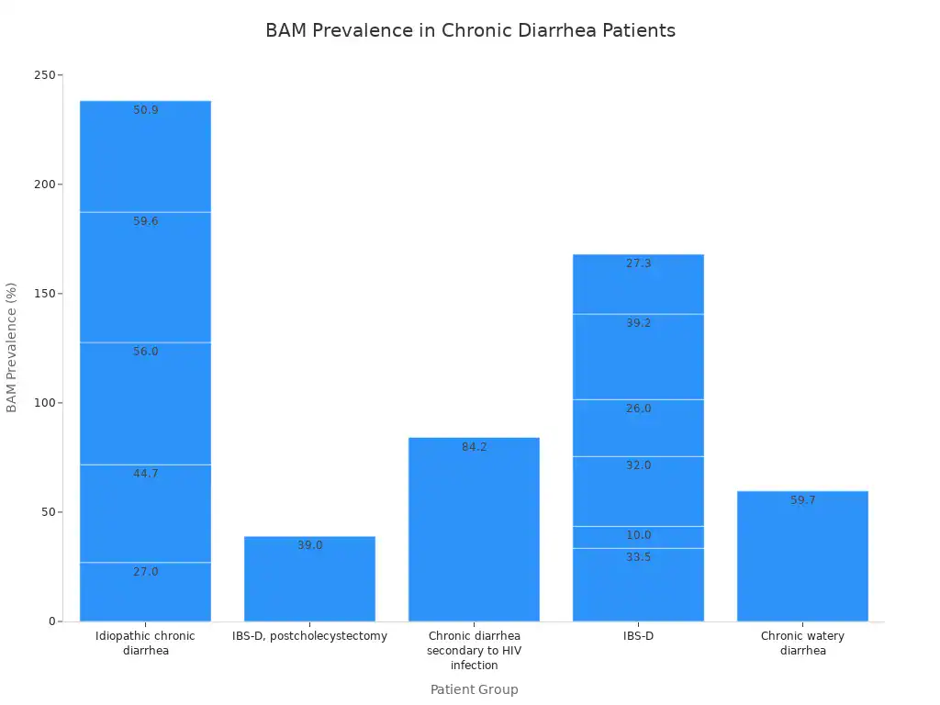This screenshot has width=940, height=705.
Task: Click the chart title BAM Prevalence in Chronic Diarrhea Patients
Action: point(470,30)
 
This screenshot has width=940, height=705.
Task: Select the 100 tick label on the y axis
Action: point(50,403)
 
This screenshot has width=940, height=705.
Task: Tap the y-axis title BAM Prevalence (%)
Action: point(12,347)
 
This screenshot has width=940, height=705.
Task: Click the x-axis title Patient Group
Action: point(474,689)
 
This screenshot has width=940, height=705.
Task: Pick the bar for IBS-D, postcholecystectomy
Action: point(309,579)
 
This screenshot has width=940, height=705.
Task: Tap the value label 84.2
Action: point(475,447)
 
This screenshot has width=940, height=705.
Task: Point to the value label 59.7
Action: point(803,500)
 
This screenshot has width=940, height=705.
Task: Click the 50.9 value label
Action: point(146,110)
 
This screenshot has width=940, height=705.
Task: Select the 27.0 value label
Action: point(146,572)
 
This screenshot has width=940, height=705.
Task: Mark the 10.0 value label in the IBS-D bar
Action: point(639,535)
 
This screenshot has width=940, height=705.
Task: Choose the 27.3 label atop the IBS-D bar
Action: point(639,263)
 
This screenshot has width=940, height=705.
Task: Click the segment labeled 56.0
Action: point(146,404)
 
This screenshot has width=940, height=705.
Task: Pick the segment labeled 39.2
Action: point(639,357)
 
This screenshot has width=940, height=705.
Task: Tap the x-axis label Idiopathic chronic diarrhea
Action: point(146,643)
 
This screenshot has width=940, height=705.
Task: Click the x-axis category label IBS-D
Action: point(639,636)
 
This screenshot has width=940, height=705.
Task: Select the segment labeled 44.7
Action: point(146,513)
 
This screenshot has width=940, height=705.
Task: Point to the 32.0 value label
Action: point(639,465)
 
